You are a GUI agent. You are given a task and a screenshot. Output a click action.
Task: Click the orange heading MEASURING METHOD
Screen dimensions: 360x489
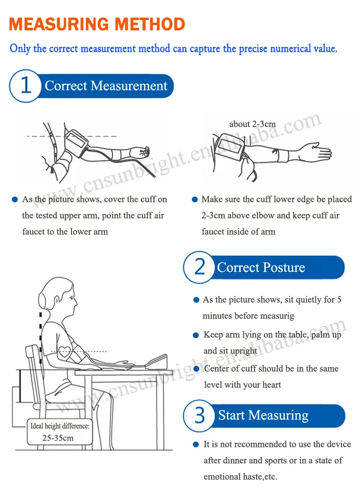(97, 24)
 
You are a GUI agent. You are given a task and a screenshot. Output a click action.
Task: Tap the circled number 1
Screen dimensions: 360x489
(25, 85)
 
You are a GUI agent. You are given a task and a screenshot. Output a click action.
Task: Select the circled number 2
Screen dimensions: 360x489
(200, 268)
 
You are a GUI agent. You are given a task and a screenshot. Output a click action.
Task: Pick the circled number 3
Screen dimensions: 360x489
(200, 415)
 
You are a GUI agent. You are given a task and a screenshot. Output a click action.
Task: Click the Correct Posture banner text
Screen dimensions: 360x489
(261, 268)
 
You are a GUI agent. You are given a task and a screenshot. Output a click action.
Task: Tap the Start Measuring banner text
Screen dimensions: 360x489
(263, 415)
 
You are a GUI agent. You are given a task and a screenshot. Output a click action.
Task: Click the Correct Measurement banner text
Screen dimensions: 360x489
(106, 85)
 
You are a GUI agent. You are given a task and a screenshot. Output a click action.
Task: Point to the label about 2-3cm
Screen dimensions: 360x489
(253, 124)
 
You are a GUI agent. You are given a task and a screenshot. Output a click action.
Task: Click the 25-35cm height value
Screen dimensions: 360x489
(58, 438)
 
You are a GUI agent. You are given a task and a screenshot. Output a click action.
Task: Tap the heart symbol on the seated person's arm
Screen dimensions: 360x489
(65, 352)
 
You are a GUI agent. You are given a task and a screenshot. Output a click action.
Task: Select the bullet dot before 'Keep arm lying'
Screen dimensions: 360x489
(195, 336)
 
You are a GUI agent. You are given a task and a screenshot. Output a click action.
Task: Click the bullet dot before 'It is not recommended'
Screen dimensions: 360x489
(195, 444)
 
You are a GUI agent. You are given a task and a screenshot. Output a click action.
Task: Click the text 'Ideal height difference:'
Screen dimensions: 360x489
(60, 426)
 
